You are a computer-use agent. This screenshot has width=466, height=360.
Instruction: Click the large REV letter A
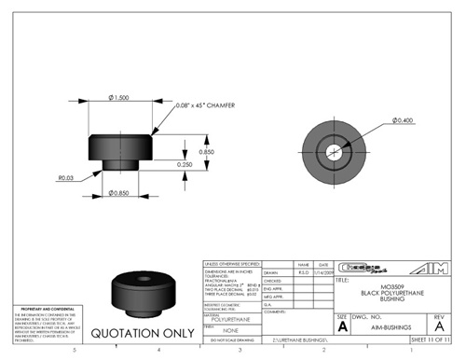(438, 327)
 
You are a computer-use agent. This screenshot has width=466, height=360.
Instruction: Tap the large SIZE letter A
(343, 327)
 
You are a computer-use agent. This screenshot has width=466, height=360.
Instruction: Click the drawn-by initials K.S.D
(303, 271)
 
